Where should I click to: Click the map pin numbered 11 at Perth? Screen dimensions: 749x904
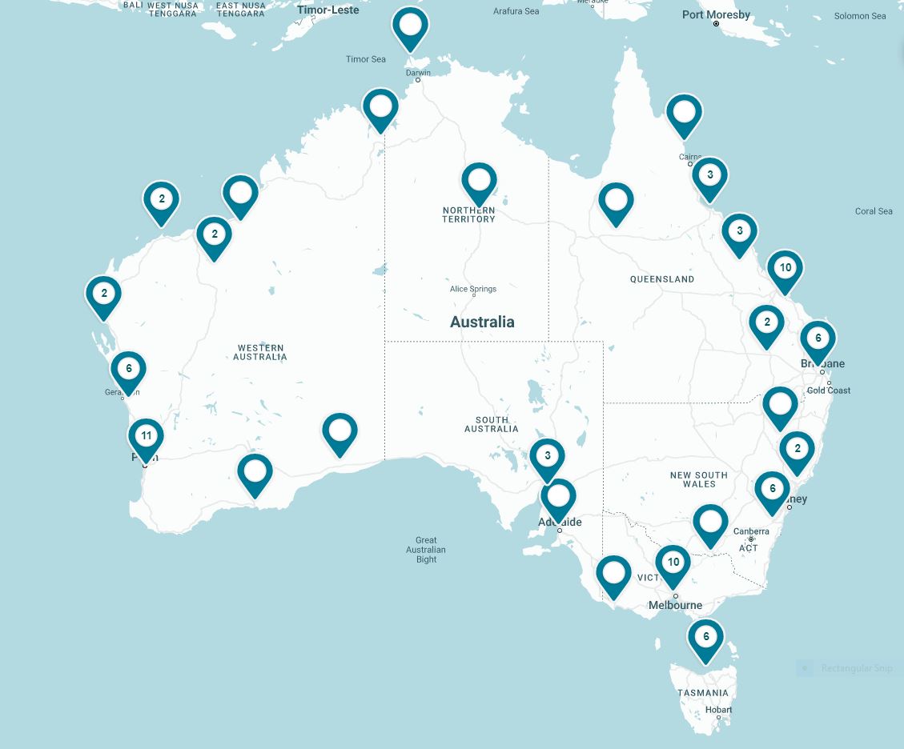[x=146, y=437]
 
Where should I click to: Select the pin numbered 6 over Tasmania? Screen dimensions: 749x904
[x=705, y=638]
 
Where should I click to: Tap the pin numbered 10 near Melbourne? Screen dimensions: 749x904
[x=673, y=563]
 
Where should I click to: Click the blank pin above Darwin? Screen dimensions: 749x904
[x=410, y=26]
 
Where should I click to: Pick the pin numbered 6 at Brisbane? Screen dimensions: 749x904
[x=818, y=339]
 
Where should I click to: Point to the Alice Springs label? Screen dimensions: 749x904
[x=473, y=289]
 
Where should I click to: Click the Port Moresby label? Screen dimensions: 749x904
[x=716, y=14]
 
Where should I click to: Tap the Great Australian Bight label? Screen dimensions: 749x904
[x=426, y=550]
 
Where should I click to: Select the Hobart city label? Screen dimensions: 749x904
[x=718, y=710]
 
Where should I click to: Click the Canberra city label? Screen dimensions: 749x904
[x=751, y=531]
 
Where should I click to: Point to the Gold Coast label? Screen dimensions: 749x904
[x=829, y=391]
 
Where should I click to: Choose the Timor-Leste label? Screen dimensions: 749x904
[x=327, y=10]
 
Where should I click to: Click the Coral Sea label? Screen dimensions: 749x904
[x=874, y=211]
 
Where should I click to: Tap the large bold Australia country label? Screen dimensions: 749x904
[x=482, y=322]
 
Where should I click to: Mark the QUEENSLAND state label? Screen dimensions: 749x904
[x=662, y=279]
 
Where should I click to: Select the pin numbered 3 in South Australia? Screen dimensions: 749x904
[x=548, y=457]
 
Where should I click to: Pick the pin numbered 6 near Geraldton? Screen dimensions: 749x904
[x=128, y=370]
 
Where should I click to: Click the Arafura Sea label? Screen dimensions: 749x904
[x=516, y=11]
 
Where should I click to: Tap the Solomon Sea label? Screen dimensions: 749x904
[x=860, y=16]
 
